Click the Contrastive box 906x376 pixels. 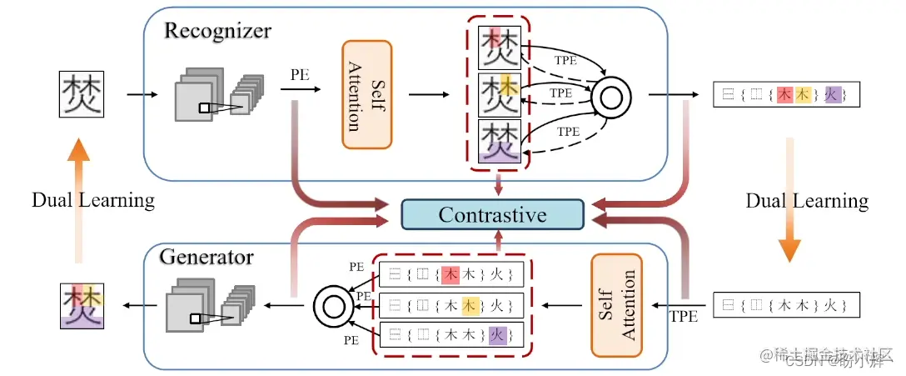pos(492,214)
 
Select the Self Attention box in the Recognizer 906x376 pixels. pos(366,94)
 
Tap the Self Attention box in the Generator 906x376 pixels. pos(618,306)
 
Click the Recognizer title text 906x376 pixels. pos(217,32)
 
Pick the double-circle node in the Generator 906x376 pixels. pos(334,306)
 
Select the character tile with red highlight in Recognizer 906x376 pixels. pos(500,47)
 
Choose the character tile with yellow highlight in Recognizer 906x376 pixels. pos(500,94)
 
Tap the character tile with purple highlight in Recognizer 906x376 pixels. pos(500,140)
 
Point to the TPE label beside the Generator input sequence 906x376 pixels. pos(685,318)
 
